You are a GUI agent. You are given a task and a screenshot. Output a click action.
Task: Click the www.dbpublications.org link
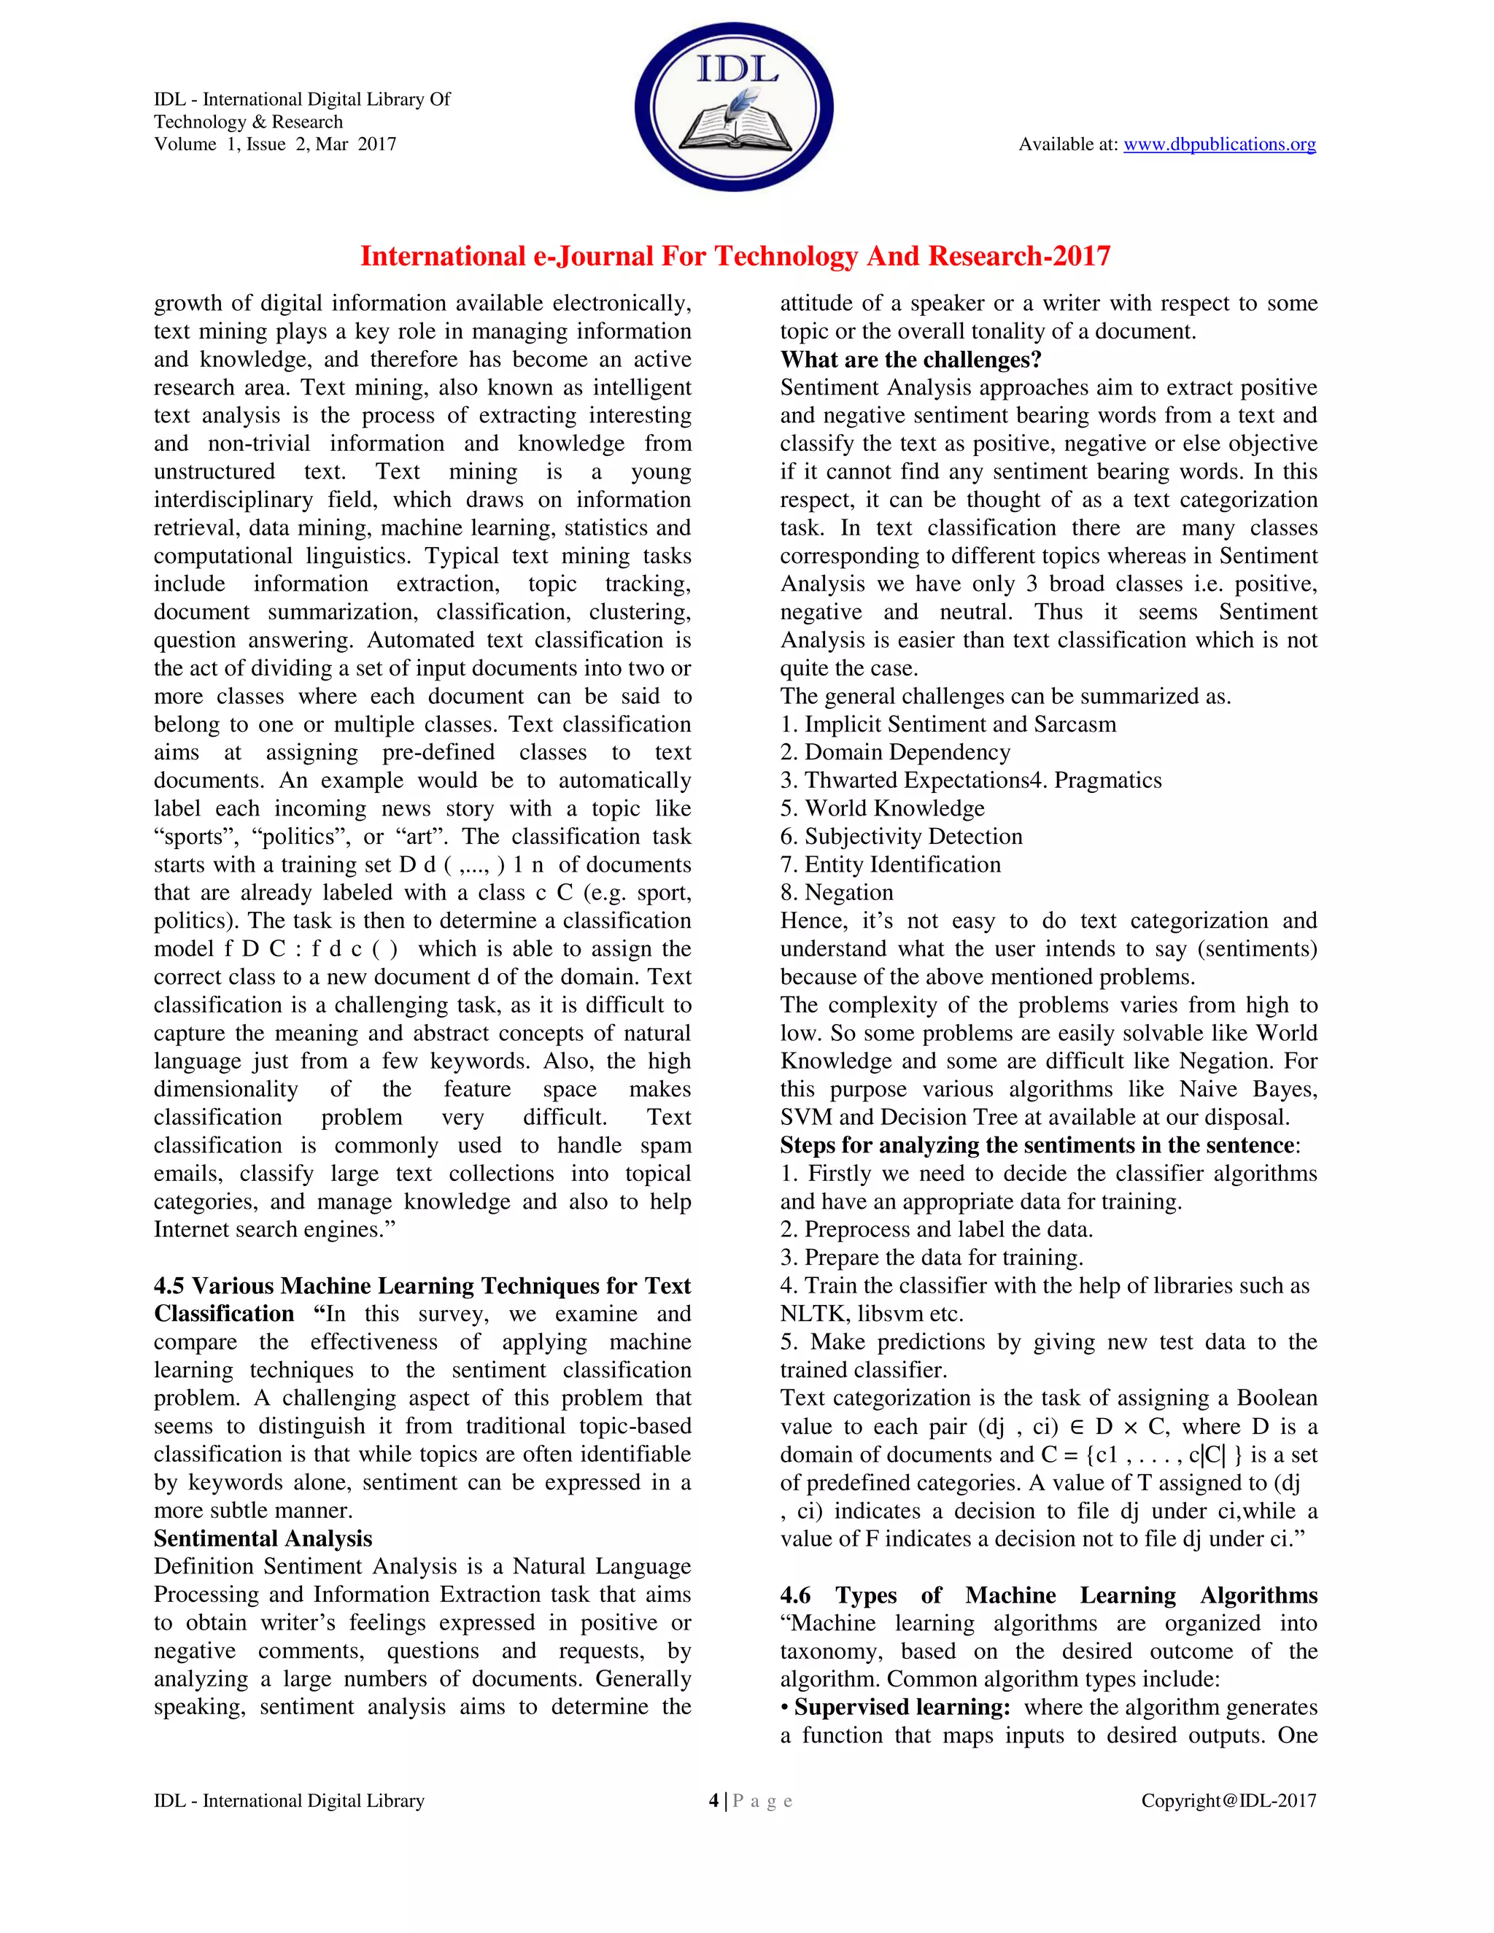1219,144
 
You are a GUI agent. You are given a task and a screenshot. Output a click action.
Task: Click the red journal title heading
735,257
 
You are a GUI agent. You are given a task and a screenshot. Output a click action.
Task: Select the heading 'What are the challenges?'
910,360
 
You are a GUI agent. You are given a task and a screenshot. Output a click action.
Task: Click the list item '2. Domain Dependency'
895,752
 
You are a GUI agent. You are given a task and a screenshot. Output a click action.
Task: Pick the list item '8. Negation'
837,892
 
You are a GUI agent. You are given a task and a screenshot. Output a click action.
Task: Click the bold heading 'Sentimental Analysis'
263,1538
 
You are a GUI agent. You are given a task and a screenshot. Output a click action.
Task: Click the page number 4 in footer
713,1800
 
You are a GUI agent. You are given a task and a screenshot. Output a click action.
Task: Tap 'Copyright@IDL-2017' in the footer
1228,1800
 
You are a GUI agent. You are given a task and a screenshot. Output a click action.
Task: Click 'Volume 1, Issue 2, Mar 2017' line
275,144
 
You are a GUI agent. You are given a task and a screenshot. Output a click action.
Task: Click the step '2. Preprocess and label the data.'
937,1229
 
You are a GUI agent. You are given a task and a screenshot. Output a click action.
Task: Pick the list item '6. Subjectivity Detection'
901,837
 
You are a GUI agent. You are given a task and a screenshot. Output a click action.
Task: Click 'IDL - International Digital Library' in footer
290,1800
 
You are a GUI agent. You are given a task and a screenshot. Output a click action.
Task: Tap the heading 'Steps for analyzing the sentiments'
1037,1145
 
